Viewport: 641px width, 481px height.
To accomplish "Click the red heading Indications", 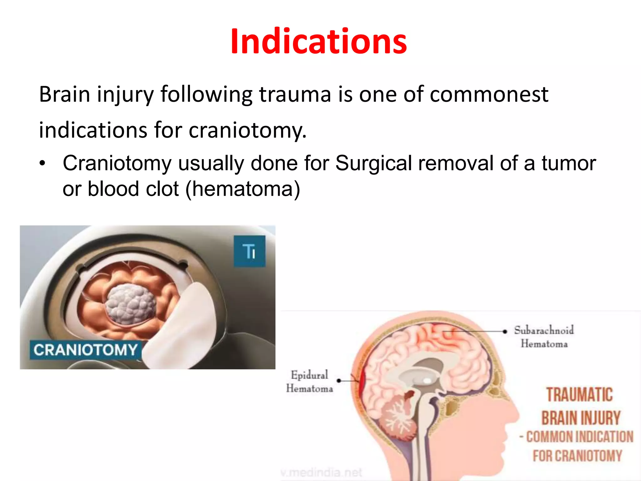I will [x=319, y=41].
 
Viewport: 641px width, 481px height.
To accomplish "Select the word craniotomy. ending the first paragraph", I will [x=247, y=130].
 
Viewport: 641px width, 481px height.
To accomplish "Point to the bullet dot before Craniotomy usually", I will [x=43, y=163].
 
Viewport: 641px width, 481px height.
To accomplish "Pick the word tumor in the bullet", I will [x=569, y=163].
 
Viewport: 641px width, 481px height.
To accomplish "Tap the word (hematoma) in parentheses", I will [x=243, y=189].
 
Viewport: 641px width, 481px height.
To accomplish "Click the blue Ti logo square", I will [x=249, y=251].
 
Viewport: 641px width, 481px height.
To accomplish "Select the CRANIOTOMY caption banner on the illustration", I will [x=85, y=349].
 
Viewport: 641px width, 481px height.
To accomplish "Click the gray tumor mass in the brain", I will [x=131, y=304].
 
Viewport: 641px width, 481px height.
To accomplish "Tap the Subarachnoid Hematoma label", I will [x=544, y=337].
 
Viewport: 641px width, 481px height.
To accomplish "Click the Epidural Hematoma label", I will [x=309, y=381].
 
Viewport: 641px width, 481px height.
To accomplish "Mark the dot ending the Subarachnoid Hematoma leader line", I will [x=505, y=331].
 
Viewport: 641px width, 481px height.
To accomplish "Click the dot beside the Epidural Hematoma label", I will [x=339, y=381].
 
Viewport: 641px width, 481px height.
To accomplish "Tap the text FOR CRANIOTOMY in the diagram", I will [x=577, y=456].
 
